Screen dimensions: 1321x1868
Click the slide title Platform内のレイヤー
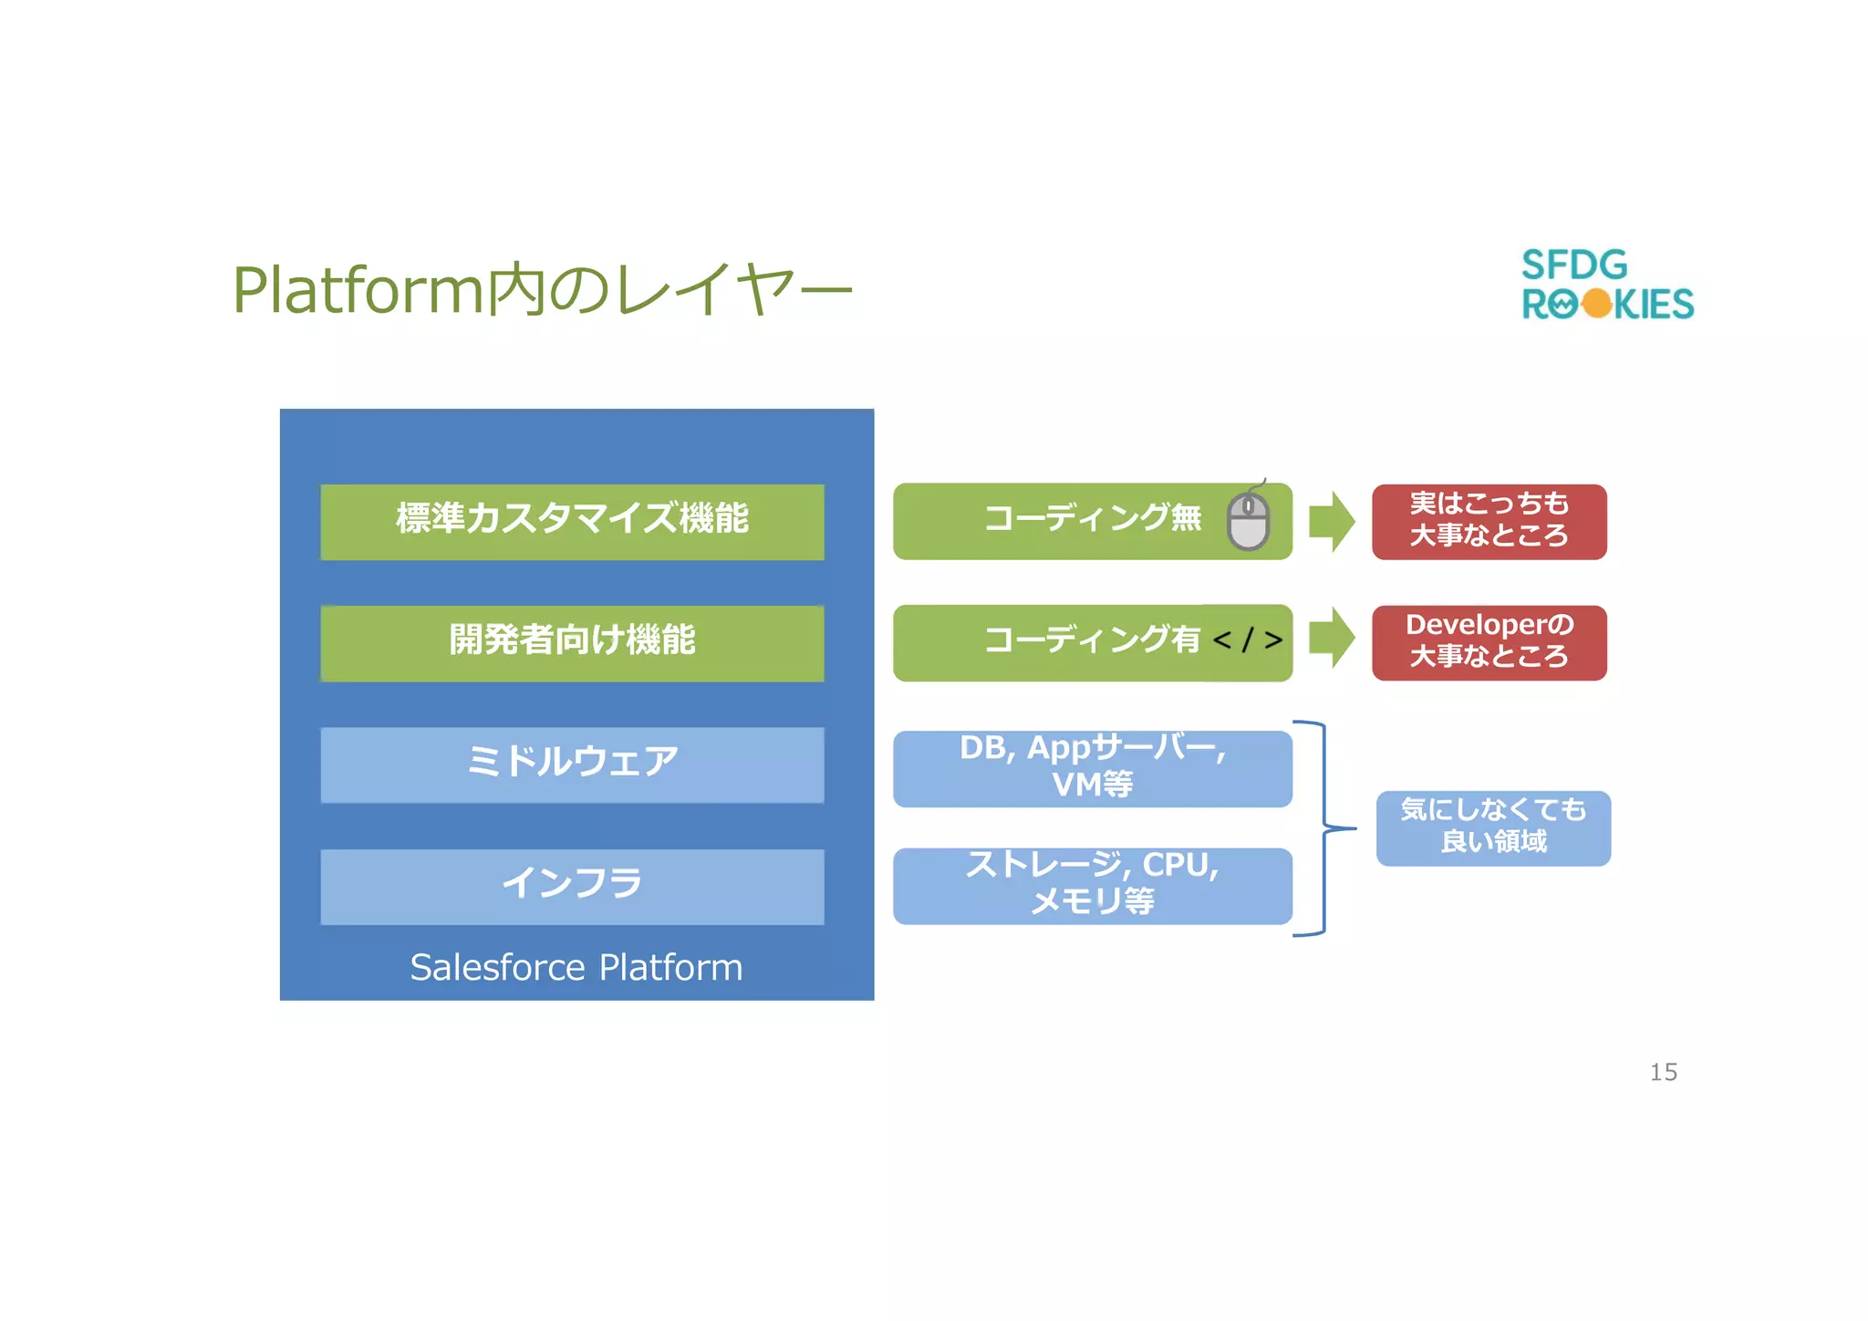pos(542,290)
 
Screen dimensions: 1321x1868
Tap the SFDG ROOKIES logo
pos(1607,285)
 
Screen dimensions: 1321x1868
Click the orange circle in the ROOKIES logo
pos(1596,304)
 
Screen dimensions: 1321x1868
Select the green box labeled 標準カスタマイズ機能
pos(572,522)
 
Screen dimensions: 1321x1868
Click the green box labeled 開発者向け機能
pos(572,643)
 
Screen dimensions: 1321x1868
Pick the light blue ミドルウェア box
pos(572,765)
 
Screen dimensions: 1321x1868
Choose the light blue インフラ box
pos(572,886)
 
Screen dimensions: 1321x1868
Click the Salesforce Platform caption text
pos(576,967)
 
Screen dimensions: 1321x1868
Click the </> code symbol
pos(1247,640)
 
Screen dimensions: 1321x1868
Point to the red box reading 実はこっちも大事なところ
pos(1489,522)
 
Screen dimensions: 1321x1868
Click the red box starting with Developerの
pos(1489,642)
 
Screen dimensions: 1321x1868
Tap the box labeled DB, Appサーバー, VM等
pos(1092,768)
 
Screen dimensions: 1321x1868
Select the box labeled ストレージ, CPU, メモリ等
pos(1092,886)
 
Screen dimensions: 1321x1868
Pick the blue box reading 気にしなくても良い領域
pos(1493,828)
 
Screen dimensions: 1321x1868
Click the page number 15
pos(1663,1072)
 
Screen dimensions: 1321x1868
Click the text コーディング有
pos(1092,640)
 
